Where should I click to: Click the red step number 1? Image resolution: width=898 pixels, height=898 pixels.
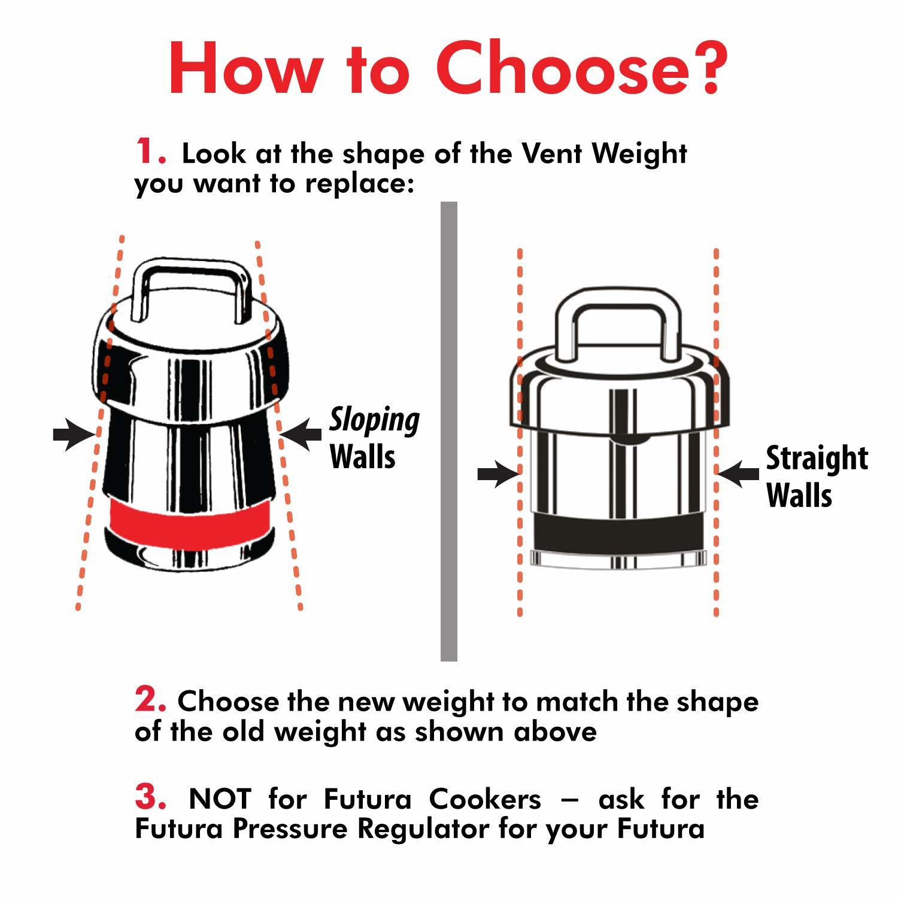coord(148,151)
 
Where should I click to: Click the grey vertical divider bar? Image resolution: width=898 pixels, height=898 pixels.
coord(448,431)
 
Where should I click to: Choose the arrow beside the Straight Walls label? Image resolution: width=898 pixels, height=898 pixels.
coord(738,474)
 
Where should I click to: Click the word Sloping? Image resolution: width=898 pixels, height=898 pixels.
coord(375,420)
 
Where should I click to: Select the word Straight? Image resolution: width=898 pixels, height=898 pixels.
coord(817,459)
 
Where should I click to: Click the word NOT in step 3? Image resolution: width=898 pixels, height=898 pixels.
coord(220,799)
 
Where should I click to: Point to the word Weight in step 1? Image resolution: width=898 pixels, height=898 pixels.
coord(639,154)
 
